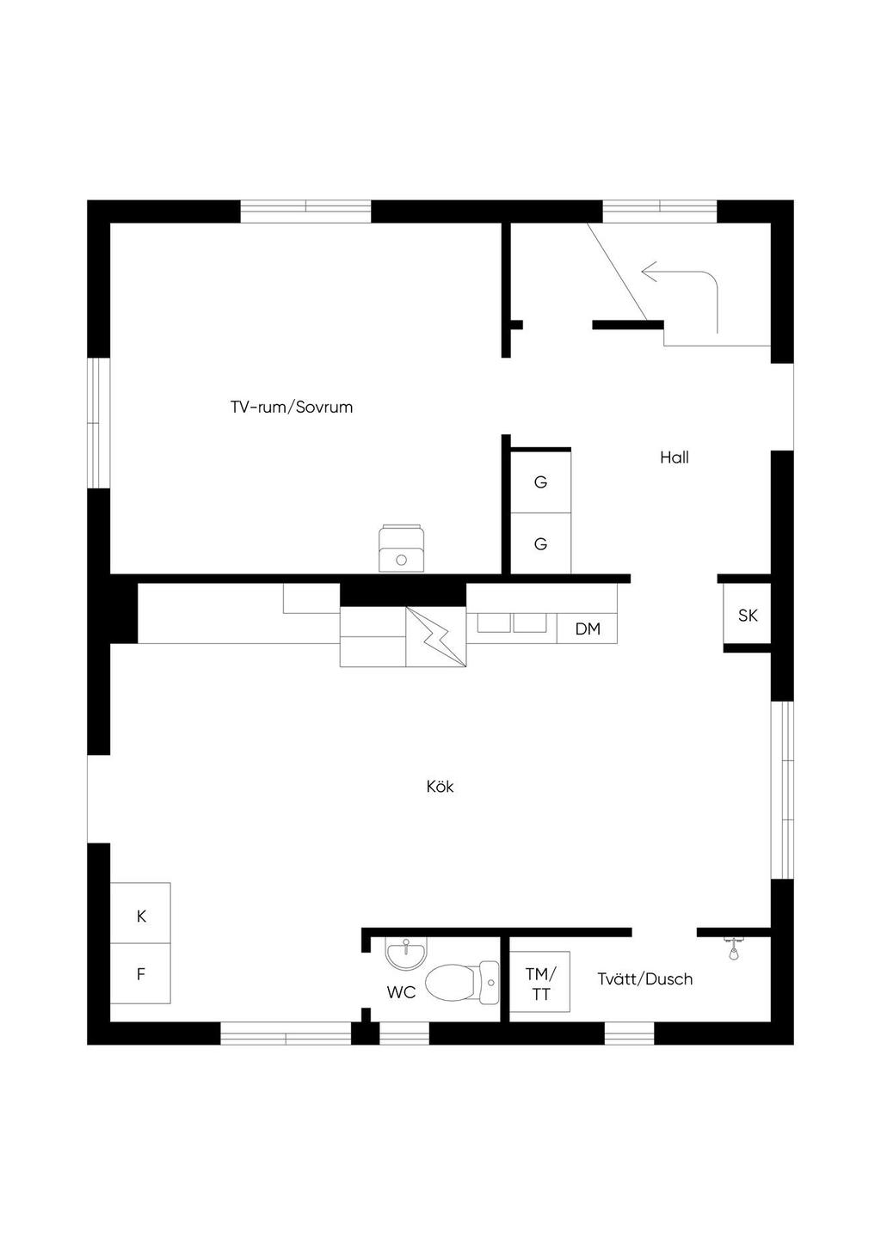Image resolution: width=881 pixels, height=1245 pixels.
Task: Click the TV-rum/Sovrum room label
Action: coord(292,407)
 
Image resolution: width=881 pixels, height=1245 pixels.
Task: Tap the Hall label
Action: coord(675,457)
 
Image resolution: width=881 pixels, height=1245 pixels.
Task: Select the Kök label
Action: coord(440,787)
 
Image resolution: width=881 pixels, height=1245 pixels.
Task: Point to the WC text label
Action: coord(401,992)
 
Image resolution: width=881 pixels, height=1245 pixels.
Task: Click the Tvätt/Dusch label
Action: coord(644,978)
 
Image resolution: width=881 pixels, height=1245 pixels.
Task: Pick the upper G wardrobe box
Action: coord(540,481)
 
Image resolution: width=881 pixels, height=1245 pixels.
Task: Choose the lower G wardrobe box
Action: coord(540,543)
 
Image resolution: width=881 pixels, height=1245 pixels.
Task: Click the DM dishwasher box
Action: coord(588,629)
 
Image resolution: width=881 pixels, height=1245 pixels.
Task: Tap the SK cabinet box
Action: coord(748,615)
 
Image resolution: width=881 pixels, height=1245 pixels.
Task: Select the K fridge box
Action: coord(141,915)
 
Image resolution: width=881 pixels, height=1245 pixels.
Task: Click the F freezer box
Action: coord(141,974)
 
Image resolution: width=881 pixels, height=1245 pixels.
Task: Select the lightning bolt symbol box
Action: coord(436,637)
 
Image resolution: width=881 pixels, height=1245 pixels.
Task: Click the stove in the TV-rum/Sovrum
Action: coord(401,548)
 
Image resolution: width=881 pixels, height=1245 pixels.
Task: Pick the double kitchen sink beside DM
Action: coord(512,622)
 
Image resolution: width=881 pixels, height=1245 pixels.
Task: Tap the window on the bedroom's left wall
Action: coord(99,423)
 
